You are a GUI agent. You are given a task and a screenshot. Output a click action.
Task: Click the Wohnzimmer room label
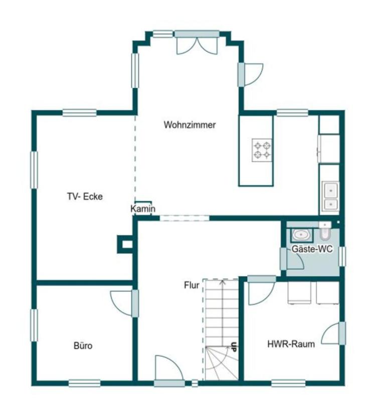click(190, 125)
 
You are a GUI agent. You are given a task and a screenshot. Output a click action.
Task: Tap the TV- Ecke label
click(85, 196)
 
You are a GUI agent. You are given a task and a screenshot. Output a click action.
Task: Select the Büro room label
click(83, 346)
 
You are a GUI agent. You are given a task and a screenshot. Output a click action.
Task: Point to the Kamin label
click(143, 208)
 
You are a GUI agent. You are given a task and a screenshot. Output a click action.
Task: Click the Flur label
click(192, 285)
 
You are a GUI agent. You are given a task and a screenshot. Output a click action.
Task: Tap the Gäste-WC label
click(312, 249)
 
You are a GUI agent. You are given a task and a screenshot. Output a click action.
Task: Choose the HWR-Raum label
click(291, 344)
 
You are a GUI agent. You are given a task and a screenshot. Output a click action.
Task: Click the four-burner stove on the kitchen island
click(262, 150)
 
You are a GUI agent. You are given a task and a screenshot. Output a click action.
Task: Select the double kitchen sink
click(330, 197)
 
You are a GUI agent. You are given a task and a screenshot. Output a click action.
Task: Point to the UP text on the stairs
click(234, 347)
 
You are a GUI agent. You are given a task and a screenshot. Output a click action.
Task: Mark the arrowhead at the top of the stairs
click(223, 281)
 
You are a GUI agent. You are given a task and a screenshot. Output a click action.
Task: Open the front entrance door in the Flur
click(169, 370)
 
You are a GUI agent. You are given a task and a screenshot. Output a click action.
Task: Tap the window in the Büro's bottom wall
click(85, 383)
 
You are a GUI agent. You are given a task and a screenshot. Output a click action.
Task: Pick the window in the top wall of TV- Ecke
click(80, 113)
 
